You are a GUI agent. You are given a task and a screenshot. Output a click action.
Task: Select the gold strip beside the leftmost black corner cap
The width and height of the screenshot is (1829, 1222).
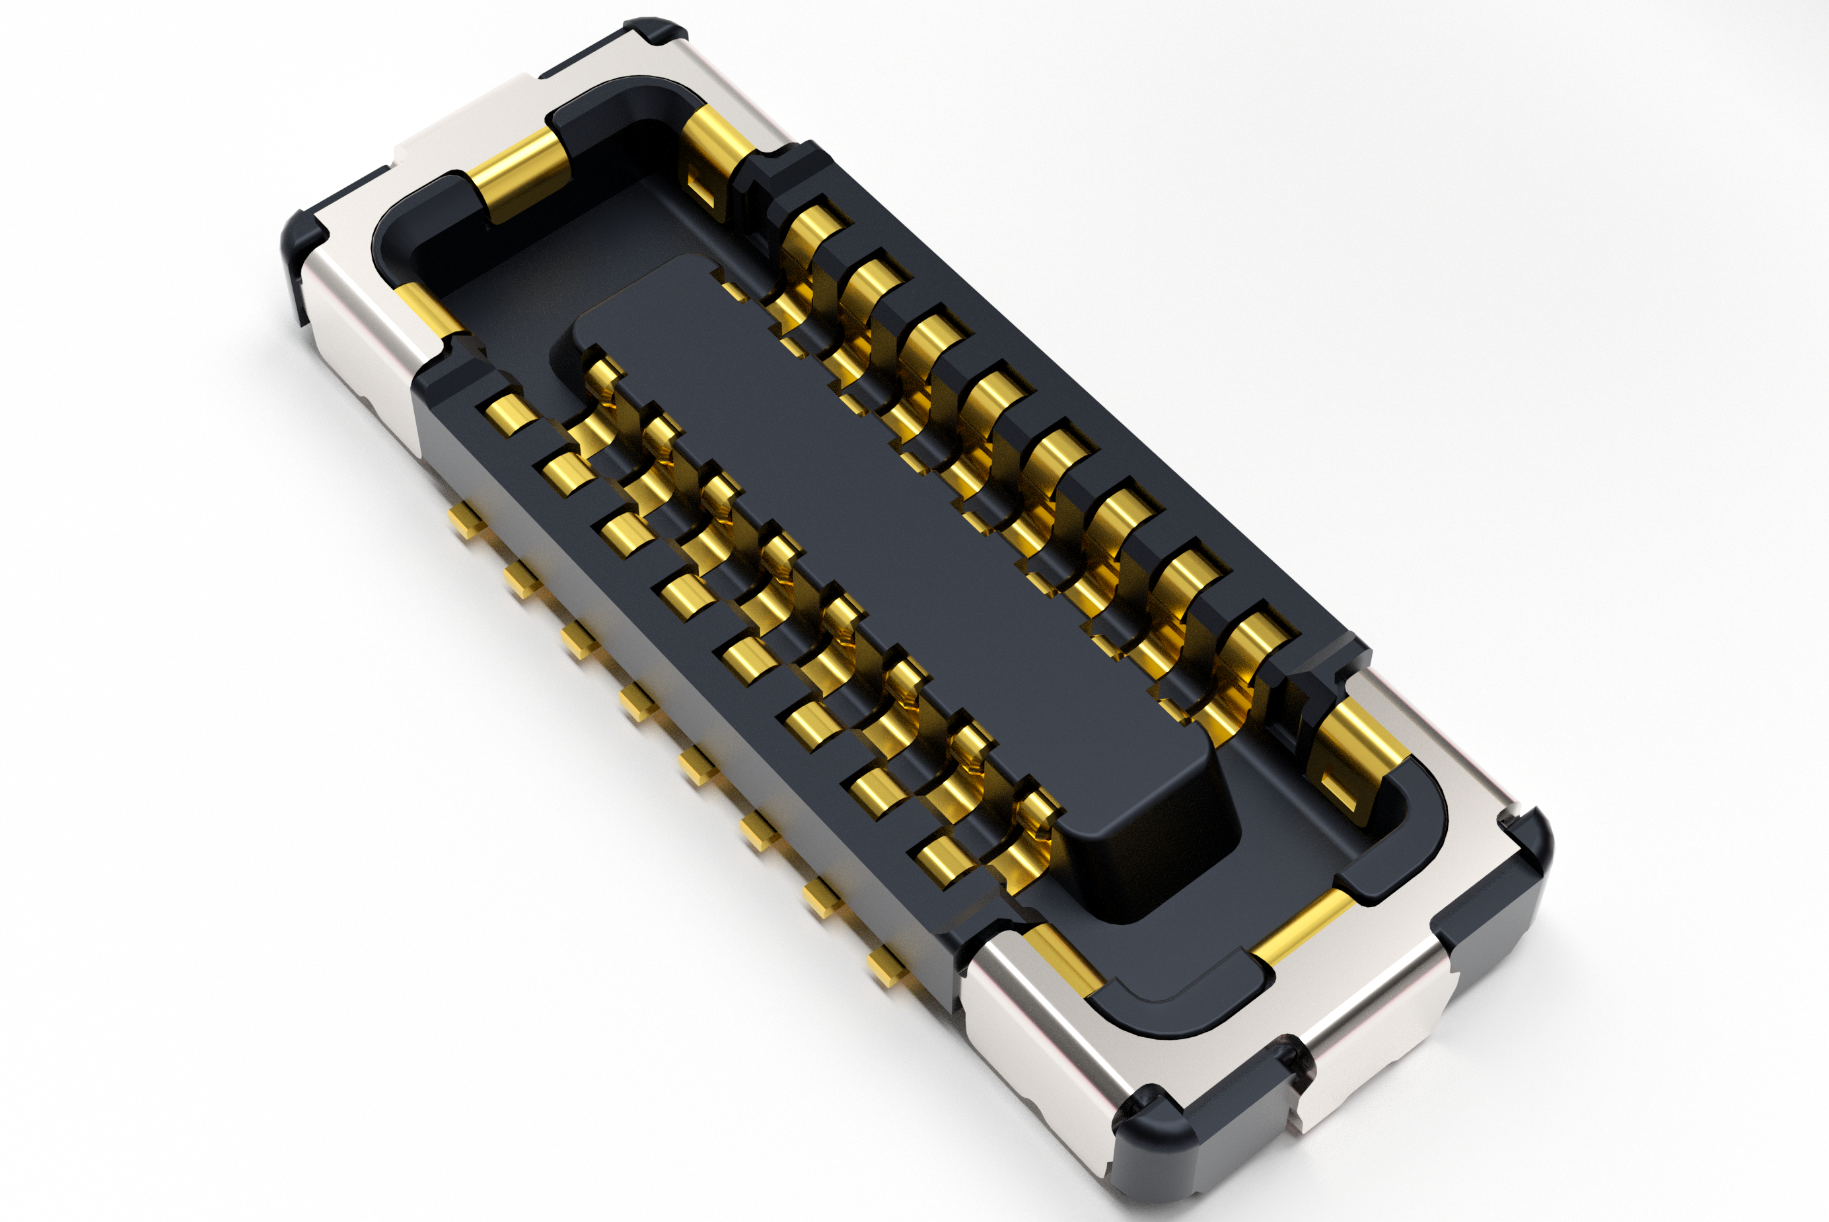(x=425, y=308)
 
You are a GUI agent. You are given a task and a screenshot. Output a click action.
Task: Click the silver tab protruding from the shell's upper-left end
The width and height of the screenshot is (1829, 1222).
(x=468, y=125)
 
